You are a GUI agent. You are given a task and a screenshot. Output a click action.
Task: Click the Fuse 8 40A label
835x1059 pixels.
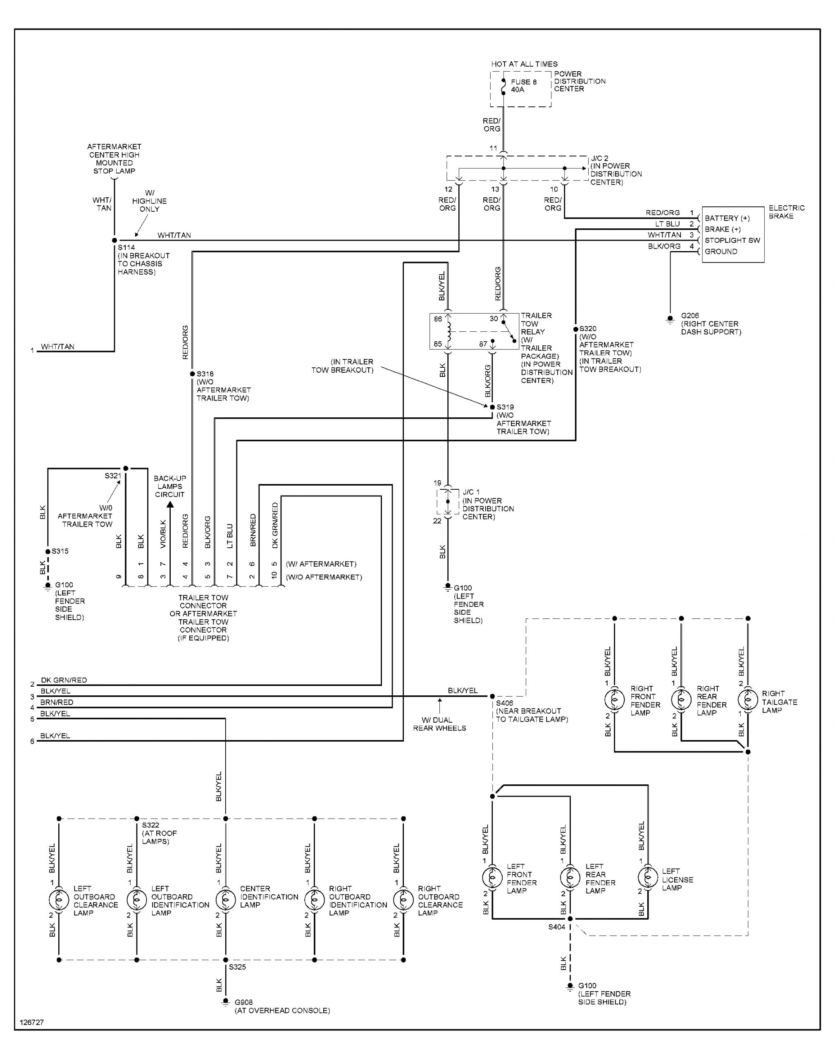[x=524, y=86]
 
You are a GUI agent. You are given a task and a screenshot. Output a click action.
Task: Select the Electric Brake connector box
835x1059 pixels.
[x=732, y=234]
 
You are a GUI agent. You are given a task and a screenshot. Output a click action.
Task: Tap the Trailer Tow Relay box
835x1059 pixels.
[x=474, y=331]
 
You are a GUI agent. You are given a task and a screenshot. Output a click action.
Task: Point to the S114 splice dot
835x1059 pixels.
[x=115, y=240]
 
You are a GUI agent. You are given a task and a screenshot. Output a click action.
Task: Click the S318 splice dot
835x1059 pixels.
[x=192, y=374]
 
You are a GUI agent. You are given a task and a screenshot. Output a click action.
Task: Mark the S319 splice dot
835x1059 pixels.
[x=492, y=407]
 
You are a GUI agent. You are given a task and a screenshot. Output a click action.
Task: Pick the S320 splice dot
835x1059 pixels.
[x=576, y=329]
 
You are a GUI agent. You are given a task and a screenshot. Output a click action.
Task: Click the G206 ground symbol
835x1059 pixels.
[x=670, y=319]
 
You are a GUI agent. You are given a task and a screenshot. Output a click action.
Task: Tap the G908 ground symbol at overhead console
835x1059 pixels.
[x=225, y=1002]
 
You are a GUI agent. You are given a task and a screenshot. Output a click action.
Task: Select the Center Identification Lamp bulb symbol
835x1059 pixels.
[x=225, y=899]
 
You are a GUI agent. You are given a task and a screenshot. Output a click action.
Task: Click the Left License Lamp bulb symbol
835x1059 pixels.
[x=648, y=877]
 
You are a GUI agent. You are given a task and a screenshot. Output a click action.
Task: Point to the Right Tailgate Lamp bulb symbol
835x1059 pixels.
[x=747, y=700]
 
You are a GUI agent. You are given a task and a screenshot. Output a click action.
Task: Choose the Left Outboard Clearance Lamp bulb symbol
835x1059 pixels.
[x=59, y=899]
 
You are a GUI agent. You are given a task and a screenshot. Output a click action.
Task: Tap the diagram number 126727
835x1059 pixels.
[x=32, y=1022]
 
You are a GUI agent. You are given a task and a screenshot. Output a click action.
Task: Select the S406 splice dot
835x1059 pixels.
[x=492, y=696]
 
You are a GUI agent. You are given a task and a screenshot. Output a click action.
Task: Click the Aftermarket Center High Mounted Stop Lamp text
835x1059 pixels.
[x=115, y=158]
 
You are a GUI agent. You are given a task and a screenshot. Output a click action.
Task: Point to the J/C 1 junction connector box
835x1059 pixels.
[x=448, y=501]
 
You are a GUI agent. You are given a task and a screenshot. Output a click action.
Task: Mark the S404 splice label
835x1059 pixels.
[x=556, y=927]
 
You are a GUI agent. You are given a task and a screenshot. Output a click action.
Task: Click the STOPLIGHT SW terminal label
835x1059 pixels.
[x=732, y=240]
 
